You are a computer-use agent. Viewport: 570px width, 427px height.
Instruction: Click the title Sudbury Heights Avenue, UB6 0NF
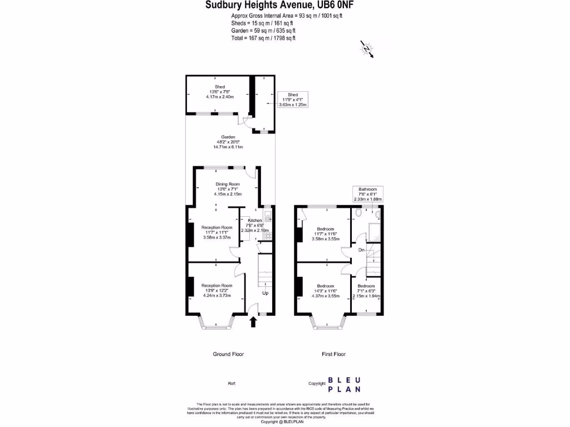pos(279,6)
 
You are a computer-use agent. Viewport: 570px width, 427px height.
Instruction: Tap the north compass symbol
pos(367,49)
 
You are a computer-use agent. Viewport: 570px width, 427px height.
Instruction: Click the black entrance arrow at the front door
pos(254,321)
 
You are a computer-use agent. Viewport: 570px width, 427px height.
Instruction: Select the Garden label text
pos(228,142)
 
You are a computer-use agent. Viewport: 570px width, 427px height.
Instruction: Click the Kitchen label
pos(255,225)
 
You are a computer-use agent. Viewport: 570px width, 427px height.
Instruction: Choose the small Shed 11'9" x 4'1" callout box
pos(293,99)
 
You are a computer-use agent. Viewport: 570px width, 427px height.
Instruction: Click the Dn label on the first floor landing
pos(362,250)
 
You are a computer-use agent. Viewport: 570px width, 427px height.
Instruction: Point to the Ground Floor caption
pos(228,354)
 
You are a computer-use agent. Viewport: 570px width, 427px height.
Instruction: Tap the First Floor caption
pos(333,354)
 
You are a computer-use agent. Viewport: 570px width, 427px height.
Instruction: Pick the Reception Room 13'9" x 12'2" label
pos(217,290)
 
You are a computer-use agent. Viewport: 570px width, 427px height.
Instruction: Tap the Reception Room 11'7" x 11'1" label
pos(217,232)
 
